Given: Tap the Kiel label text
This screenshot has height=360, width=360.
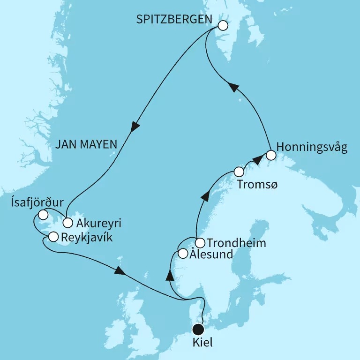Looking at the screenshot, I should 202,343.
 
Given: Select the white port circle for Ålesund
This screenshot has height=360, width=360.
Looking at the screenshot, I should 184,255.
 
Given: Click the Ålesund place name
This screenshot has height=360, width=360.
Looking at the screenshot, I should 211,255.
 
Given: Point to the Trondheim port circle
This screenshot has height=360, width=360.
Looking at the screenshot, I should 200,243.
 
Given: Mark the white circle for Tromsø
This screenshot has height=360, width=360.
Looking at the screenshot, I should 239,171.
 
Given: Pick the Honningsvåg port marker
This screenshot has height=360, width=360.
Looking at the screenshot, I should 270,154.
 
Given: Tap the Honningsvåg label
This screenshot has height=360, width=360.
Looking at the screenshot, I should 312,148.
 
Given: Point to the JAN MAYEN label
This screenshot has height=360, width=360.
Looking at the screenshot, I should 86,145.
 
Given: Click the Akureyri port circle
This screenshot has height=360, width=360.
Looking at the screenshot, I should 68,222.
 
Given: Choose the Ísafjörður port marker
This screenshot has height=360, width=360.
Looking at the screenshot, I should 43,215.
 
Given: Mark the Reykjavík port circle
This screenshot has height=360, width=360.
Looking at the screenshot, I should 53,236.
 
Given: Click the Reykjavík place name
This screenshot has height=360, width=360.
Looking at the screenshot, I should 87,236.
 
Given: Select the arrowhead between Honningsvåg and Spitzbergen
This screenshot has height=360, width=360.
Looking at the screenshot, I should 233,87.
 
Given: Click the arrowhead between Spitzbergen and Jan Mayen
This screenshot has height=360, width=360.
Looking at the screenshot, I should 135,127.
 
